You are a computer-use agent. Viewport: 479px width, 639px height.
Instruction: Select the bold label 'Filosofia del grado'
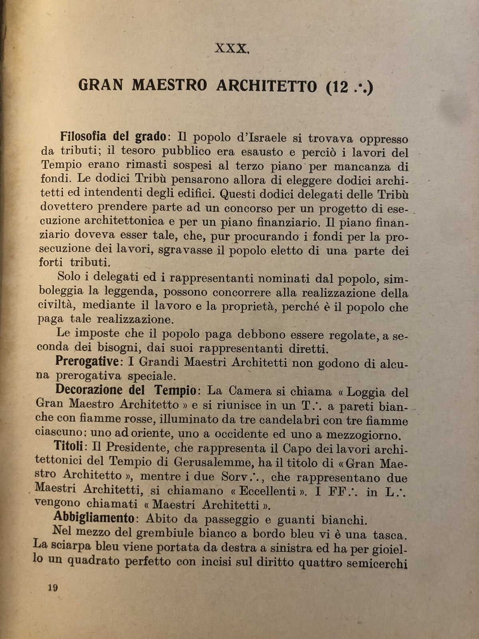pyautogui.click(x=113, y=136)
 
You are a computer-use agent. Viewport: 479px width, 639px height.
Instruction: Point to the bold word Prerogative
pyautogui.click(x=86, y=361)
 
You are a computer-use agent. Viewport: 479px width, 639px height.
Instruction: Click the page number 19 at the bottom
pyautogui.click(x=53, y=587)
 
